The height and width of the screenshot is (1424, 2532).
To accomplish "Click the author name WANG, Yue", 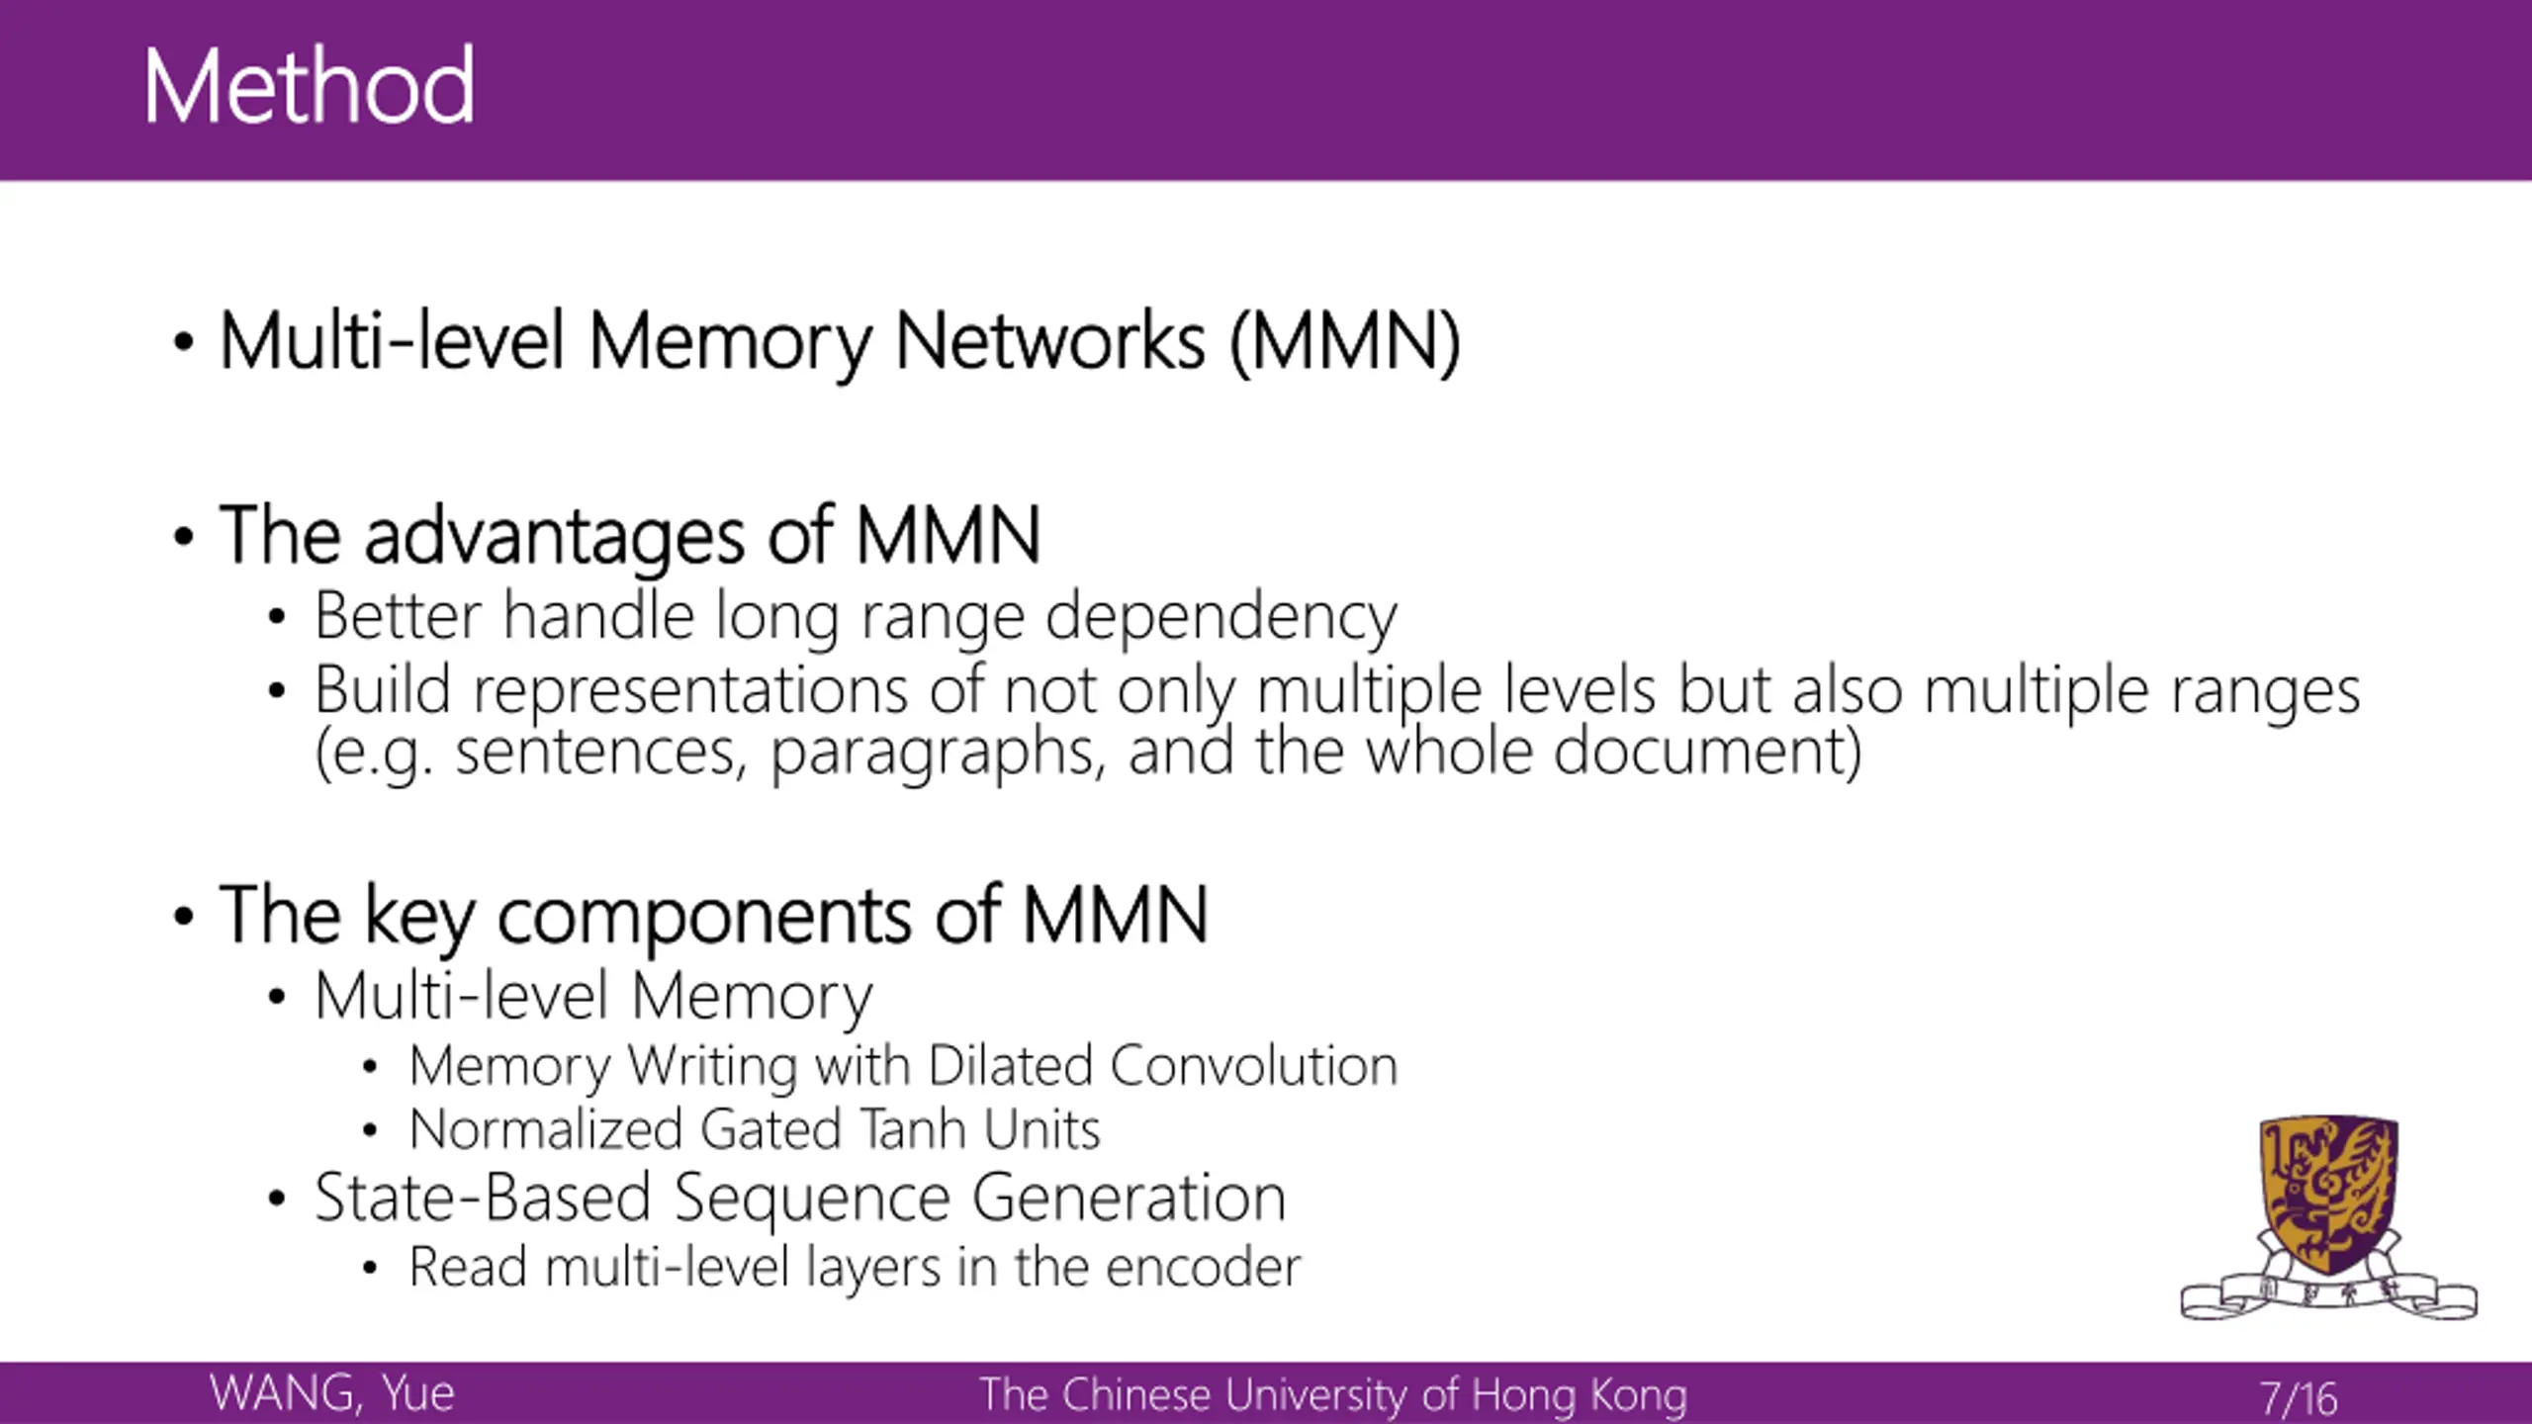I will click(x=332, y=1393).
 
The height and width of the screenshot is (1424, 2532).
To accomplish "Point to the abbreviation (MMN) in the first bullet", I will click(x=1345, y=342).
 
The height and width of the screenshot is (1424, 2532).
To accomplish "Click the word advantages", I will click(x=554, y=536).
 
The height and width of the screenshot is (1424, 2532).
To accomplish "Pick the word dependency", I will click(x=1221, y=617).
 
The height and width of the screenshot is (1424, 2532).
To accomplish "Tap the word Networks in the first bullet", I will click(x=1050, y=342).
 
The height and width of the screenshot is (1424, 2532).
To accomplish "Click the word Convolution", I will click(x=1253, y=1066).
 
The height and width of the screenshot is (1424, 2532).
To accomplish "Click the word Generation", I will click(x=1129, y=1198).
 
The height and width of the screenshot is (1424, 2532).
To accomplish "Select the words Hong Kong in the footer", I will click(x=1580, y=1394).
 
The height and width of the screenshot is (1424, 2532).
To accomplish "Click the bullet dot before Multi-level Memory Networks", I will click(x=183, y=343).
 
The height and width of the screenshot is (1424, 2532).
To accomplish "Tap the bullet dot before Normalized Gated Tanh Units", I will click(x=370, y=1130).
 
